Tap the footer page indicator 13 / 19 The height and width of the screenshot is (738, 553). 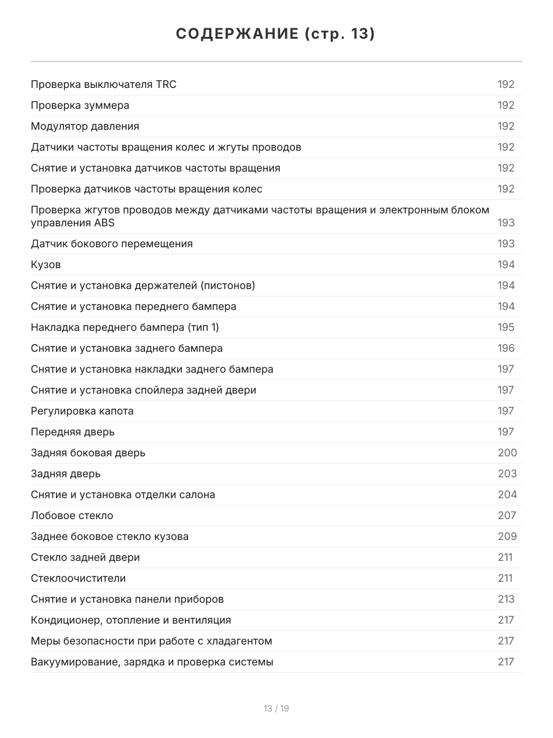(x=276, y=708)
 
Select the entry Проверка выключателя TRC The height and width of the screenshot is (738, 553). (x=103, y=84)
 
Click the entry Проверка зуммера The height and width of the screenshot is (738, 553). (x=80, y=105)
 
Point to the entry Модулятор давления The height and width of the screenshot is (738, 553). (x=85, y=126)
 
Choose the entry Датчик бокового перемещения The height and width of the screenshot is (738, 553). (x=112, y=244)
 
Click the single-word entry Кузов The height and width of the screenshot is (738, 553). (x=45, y=264)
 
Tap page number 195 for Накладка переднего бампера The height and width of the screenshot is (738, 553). (x=506, y=327)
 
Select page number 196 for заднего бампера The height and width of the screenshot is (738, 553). (x=506, y=348)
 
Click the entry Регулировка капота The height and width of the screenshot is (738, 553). (x=82, y=411)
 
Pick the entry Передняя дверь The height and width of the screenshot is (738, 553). (x=73, y=432)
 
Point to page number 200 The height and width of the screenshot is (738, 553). (x=507, y=453)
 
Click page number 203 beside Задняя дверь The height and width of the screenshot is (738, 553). (x=507, y=474)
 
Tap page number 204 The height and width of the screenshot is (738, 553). (x=507, y=494)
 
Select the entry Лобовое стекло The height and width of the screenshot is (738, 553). (x=72, y=515)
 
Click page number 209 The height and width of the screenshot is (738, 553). (x=507, y=536)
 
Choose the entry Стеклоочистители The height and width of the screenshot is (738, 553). (x=78, y=578)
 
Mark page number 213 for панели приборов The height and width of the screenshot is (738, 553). (x=506, y=599)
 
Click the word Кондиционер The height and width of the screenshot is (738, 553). (x=63, y=620)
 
